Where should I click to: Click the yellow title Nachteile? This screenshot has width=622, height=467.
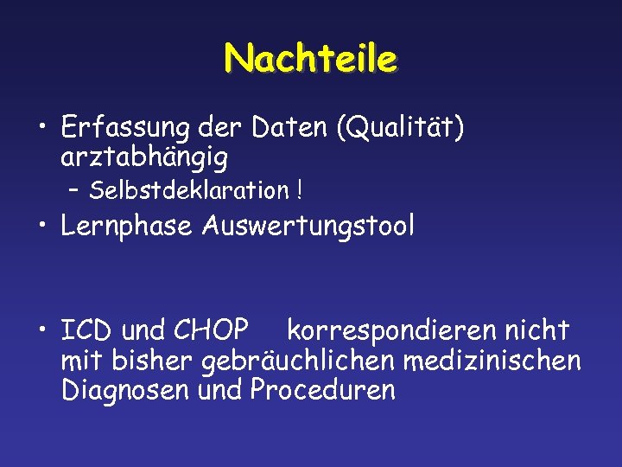[x=311, y=60]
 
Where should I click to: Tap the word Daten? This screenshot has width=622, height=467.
[x=292, y=129]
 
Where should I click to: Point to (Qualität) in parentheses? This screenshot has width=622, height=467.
[x=402, y=129]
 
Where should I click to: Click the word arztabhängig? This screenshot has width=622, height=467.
[x=145, y=158]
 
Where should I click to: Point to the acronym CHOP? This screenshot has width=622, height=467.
[x=212, y=330]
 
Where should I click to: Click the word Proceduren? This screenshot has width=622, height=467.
[x=322, y=390]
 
